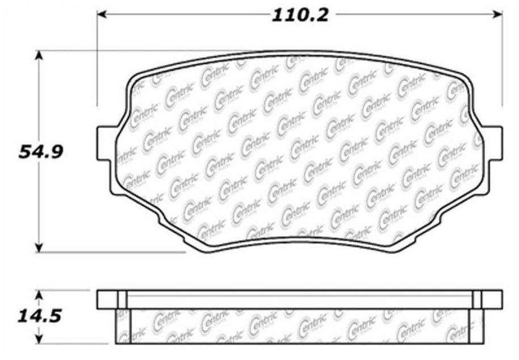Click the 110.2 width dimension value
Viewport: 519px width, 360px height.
(x=300, y=15)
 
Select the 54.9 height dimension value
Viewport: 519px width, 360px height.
(x=40, y=152)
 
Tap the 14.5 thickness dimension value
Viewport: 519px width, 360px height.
(x=39, y=316)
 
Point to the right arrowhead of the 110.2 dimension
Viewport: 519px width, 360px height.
(x=497, y=14)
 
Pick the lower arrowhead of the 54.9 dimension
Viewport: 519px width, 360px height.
(x=39, y=247)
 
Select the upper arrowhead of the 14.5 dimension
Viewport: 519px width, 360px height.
(x=39, y=296)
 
